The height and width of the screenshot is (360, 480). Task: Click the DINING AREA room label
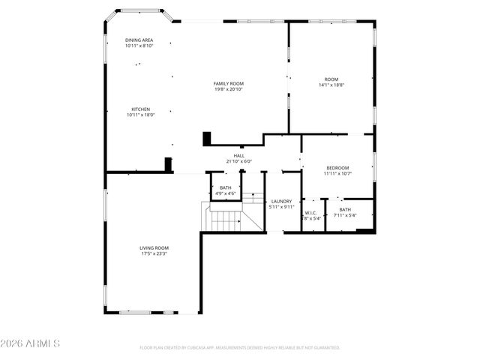pos(139,40)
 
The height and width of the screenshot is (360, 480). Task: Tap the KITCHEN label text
pos(139,109)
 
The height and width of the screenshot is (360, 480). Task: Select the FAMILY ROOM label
pos(229,83)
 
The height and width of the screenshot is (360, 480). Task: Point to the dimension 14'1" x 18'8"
pos(331,85)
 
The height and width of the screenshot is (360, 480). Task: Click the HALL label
pos(238,155)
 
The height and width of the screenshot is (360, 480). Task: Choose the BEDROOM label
pos(337,167)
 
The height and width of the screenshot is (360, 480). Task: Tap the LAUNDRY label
pos(281,201)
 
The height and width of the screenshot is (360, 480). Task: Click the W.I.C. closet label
pos(311,213)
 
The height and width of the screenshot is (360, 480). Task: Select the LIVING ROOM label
pos(153,247)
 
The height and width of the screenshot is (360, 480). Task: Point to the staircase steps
pos(225,220)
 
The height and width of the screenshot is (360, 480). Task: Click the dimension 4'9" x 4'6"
pos(226,193)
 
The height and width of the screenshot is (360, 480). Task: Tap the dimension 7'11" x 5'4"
pos(345,215)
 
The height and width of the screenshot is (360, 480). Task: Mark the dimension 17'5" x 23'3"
pos(153,253)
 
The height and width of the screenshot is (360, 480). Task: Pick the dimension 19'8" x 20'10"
pos(229,89)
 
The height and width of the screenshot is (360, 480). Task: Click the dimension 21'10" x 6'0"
pos(238,161)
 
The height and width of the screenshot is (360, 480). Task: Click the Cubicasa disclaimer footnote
pos(240,348)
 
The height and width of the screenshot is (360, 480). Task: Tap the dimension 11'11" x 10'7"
pos(337,173)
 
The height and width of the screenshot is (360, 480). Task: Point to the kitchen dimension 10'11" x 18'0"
pos(139,115)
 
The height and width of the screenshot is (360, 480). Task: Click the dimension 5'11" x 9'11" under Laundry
pos(281,207)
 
